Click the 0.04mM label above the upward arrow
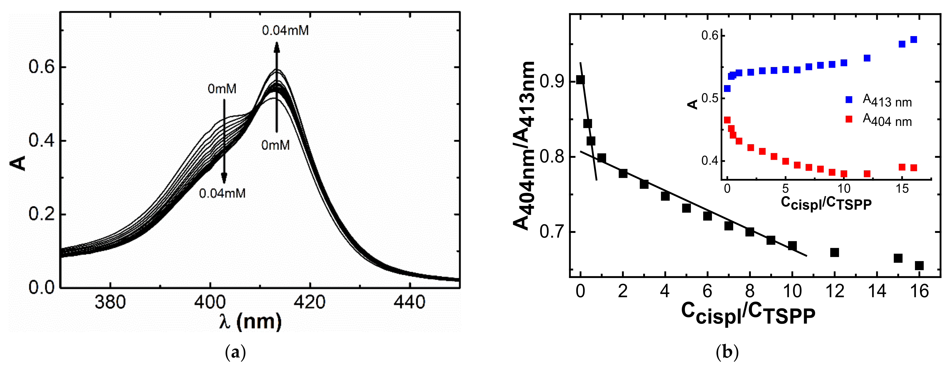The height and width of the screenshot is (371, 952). pyautogui.click(x=285, y=30)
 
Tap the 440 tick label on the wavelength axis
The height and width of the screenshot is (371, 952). pyautogui.click(x=409, y=302)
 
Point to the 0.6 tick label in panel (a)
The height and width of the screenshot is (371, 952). pyautogui.click(x=41, y=67)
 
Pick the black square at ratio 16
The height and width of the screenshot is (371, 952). pyautogui.click(x=919, y=265)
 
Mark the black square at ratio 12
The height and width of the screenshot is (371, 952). pyautogui.click(x=834, y=252)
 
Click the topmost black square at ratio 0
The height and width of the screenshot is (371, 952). pyautogui.click(x=581, y=80)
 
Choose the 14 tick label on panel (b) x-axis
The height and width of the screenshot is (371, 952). pyautogui.click(x=877, y=291)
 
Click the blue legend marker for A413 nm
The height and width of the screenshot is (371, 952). pyautogui.click(x=849, y=100)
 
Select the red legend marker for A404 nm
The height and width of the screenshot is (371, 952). pyautogui.click(x=849, y=119)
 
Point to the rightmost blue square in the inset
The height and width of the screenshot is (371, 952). pyautogui.click(x=914, y=39)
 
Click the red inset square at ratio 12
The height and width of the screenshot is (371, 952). pyautogui.click(x=867, y=174)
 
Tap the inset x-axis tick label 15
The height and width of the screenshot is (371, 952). pyautogui.click(x=902, y=189)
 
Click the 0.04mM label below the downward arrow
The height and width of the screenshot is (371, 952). pyautogui.click(x=222, y=193)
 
